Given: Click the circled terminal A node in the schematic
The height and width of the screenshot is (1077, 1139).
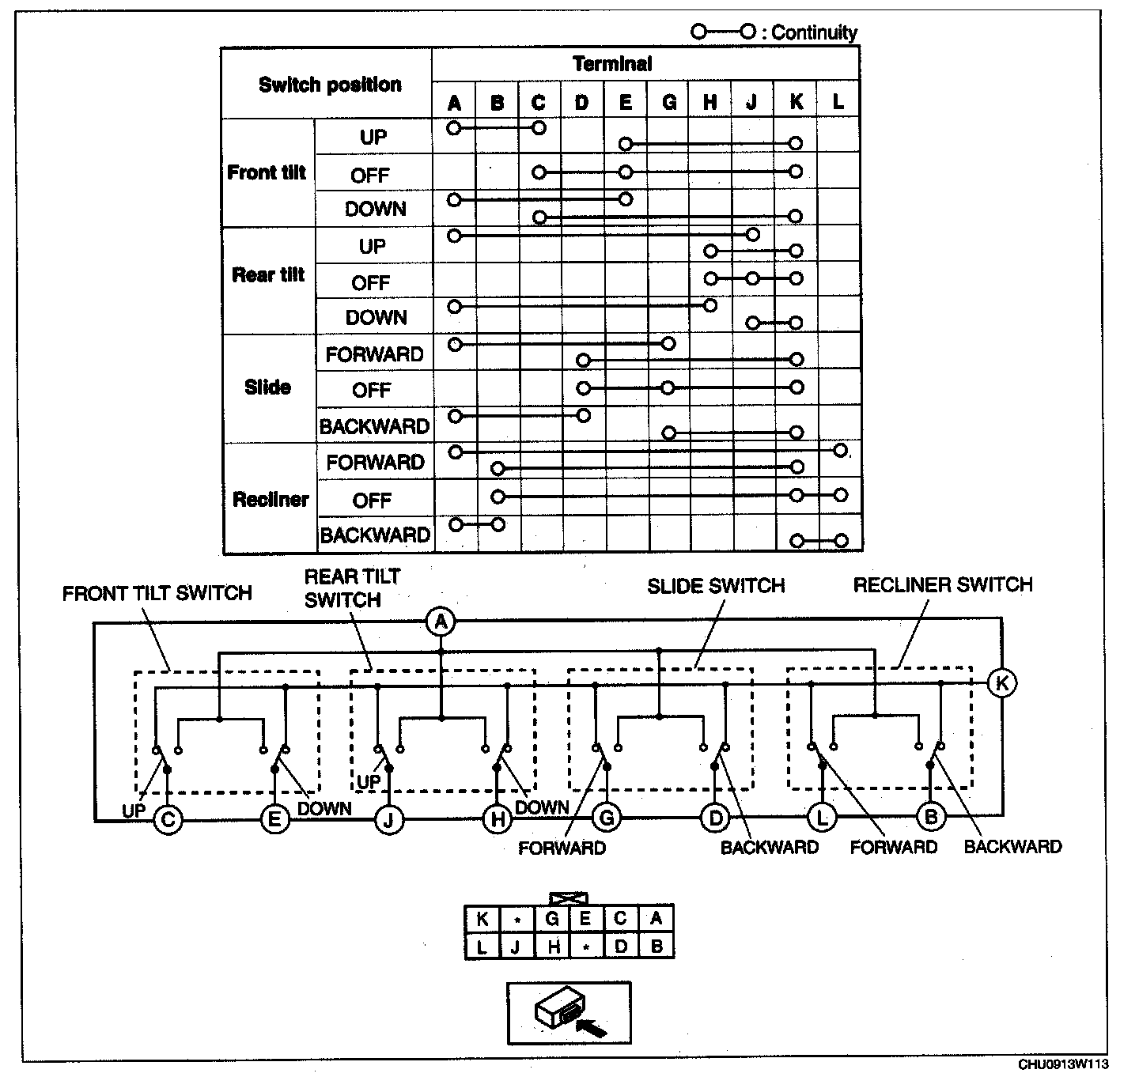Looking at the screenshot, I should tap(441, 622).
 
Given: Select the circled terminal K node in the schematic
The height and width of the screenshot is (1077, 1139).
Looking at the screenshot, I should tap(1001, 682).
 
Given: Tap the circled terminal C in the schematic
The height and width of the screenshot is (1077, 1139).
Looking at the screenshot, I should tap(168, 819).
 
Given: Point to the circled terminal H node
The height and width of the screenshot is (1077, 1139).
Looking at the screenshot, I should tap(498, 819).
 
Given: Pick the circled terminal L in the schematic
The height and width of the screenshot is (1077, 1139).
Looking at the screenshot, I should tap(822, 818).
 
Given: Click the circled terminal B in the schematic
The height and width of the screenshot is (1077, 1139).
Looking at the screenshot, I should tap(931, 817).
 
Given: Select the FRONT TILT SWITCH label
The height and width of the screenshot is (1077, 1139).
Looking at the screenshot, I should tap(157, 594).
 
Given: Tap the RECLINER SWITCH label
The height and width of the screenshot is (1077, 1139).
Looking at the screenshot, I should tap(943, 585).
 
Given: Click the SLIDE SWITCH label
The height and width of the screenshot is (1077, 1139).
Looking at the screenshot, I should tap(716, 586).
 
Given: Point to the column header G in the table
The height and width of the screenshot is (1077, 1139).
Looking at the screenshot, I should tap(668, 102).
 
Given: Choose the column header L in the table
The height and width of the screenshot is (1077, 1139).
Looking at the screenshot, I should tap(838, 102).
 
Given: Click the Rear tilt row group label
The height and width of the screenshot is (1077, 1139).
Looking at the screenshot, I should tap(268, 275).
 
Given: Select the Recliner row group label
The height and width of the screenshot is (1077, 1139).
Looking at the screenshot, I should tap(270, 500).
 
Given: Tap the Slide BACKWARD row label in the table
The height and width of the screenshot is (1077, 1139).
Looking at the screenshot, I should tap(374, 427).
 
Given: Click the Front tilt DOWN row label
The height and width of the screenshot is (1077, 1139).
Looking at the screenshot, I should tap(375, 210).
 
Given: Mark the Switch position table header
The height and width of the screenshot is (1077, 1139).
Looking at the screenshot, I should tap(330, 85).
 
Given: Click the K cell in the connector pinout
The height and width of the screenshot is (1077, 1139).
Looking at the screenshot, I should tap(482, 919).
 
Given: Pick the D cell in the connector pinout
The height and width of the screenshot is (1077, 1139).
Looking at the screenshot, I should tap(621, 946).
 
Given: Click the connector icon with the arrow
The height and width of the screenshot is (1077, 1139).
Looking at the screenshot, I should tap(569, 1012).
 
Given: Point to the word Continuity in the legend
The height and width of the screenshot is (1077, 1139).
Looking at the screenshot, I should tap(814, 32).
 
